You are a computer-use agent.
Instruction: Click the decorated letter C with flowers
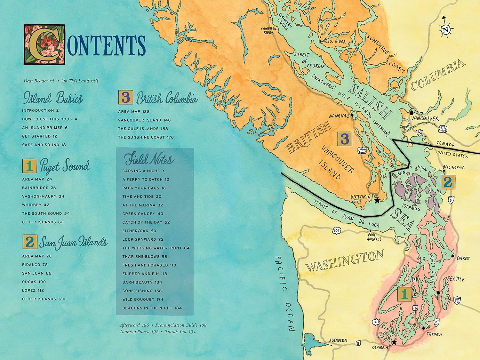pos(44,44)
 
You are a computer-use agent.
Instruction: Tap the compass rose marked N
pos(445,30)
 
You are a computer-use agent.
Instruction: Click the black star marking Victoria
pos(377,200)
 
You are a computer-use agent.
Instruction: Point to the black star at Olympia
pos(394,342)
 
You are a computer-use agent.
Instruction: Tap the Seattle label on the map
pos(456,279)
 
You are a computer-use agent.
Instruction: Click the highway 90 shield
pos(457,300)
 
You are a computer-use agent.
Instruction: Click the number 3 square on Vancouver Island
pos(344,139)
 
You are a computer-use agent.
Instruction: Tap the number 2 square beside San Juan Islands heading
pos(30,242)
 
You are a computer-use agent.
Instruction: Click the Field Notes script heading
pos(149,159)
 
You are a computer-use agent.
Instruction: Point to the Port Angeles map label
pos(374,237)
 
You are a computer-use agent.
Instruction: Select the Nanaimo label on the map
pos(339,116)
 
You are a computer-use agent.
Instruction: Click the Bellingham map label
pos(453,167)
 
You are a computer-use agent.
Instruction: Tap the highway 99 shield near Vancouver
pos(420,132)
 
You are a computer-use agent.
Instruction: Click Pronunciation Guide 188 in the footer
pos(181,325)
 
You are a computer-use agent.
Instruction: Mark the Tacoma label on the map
pos(434,334)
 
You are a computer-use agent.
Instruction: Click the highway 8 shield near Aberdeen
pos(358,343)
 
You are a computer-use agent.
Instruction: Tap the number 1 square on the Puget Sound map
pos(404,294)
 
